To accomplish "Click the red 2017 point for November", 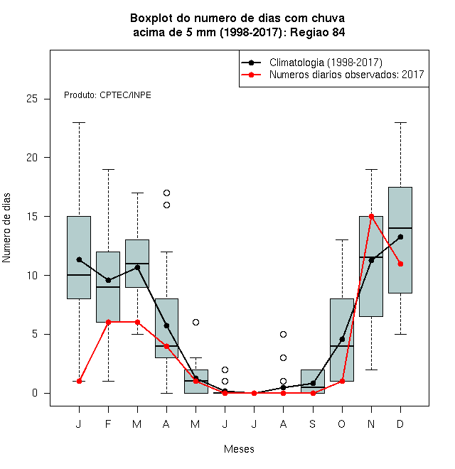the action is [371, 216].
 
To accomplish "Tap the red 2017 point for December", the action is [400, 264].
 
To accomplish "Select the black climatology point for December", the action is [400, 237].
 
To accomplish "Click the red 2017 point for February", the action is [108, 322].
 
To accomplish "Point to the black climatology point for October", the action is [342, 339].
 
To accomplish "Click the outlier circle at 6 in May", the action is [196, 322].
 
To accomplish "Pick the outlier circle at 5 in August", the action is [283, 334].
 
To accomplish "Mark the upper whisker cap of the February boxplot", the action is [108, 169].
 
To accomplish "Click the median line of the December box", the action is [400, 228].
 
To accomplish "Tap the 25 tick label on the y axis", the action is [32, 98].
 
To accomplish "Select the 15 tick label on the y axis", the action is [32, 216].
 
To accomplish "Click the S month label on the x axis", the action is [313, 424].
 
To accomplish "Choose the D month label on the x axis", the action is [400, 424].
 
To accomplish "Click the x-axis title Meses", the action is [239, 449].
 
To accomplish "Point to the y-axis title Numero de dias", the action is [6, 228].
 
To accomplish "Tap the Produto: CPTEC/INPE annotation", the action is [107, 95].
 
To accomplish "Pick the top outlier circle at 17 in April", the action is [167, 193].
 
